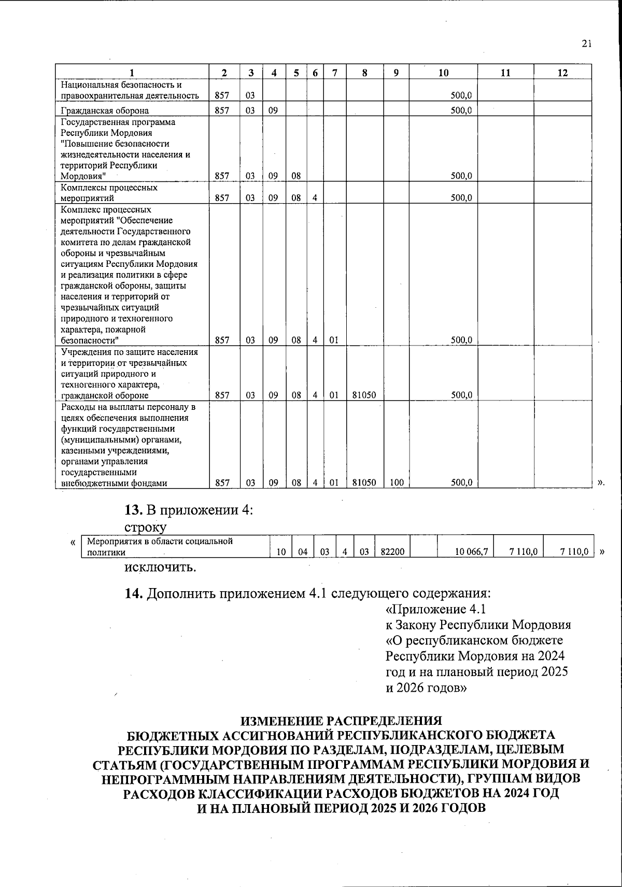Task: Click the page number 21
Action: coord(586,44)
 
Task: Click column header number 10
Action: coord(443,73)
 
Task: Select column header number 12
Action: coord(562,73)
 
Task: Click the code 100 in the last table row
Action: coord(397,482)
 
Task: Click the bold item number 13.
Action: coord(133,510)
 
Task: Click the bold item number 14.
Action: coord(134,593)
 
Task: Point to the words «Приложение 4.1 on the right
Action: coord(435,608)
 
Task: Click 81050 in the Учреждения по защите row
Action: coord(364,395)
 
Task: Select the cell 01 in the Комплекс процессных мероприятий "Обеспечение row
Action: coord(334,340)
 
